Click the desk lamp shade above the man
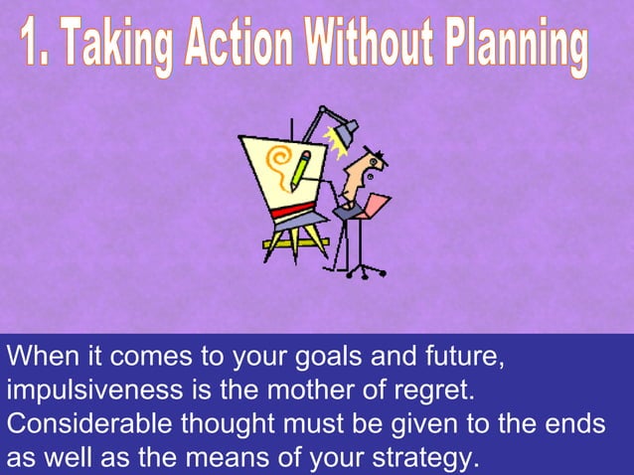[346, 128]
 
